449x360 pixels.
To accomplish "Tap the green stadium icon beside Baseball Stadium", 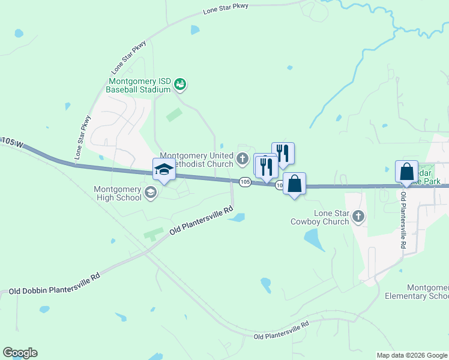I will [x=181, y=85].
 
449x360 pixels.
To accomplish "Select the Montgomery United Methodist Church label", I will [x=196, y=160].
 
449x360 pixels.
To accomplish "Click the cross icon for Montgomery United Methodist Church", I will [x=243, y=159].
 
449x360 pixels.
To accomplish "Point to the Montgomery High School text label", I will [x=118, y=193].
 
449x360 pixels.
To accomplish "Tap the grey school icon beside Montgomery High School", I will [x=150, y=193].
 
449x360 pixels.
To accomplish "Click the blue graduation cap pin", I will [x=164, y=169].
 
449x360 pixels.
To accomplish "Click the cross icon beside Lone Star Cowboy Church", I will [x=358, y=217].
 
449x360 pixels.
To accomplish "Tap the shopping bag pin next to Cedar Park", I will [x=406, y=172].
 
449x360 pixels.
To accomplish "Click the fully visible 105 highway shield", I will [x=244, y=182].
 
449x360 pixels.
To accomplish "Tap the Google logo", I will [x=20, y=353].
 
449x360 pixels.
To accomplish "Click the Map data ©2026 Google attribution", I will [x=412, y=355].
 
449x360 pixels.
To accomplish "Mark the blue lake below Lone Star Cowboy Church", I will [x=313, y=240].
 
